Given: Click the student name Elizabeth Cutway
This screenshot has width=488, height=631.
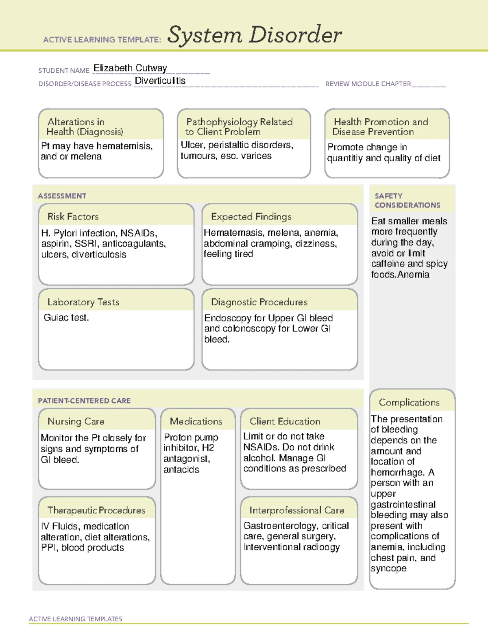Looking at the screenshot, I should [130, 68].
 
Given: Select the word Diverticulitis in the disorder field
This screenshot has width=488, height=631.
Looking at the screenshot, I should [160, 81].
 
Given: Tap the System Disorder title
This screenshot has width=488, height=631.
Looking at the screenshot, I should [255, 35].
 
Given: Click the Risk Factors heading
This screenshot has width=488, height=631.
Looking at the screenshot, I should [73, 217].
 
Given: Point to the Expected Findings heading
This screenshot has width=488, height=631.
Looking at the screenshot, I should [251, 217].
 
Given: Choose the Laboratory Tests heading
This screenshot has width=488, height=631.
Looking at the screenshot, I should [83, 302].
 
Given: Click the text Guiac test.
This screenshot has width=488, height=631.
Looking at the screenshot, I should [66, 317].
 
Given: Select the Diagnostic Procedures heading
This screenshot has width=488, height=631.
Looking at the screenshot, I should [259, 302].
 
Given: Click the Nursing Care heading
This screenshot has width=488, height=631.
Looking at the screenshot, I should [76, 421].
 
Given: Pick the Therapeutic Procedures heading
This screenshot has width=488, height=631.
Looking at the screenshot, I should [96, 510].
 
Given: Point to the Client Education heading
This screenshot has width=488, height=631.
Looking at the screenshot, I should [285, 421].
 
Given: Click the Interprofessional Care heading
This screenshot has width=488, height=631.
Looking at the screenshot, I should [296, 510].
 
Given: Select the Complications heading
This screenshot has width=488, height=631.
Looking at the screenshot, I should [409, 402].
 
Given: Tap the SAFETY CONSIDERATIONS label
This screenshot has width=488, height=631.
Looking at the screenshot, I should [407, 200].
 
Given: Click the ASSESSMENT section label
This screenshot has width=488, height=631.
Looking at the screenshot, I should [62, 196].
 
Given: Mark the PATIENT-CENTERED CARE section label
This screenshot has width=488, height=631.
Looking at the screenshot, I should [84, 401].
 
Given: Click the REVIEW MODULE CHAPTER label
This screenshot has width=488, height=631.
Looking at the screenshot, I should [368, 84].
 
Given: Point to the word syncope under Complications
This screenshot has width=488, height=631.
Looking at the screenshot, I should [388, 568].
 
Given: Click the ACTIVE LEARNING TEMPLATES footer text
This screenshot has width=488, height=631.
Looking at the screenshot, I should [75, 619].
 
